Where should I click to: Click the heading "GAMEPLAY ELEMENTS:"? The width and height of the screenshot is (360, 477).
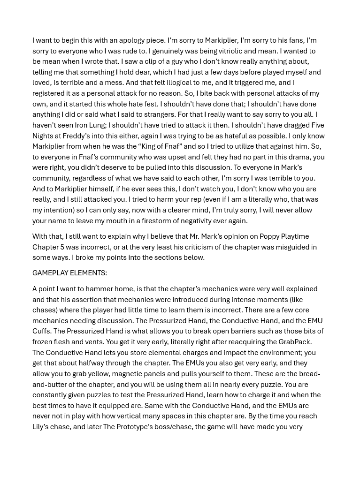coord(69,273)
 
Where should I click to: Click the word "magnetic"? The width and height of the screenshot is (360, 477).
coord(147,374)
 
